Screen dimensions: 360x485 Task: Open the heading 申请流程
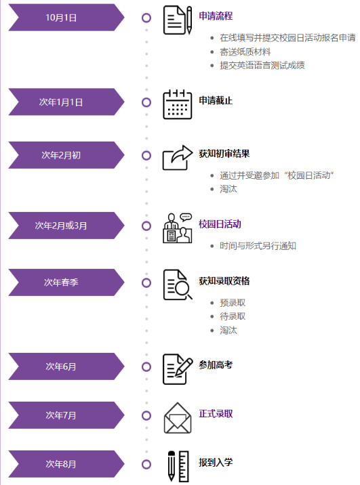click(x=216, y=16)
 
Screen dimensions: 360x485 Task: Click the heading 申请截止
click(x=216, y=100)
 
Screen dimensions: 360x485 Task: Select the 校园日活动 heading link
click(x=220, y=224)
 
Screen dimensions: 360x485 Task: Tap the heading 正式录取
click(x=216, y=414)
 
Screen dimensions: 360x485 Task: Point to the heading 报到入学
click(x=216, y=463)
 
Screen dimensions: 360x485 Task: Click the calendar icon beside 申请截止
click(x=178, y=104)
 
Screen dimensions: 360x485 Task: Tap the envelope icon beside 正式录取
click(x=178, y=418)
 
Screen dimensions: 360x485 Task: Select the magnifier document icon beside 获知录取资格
click(x=178, y=285)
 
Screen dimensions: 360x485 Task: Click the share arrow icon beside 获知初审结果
click(x=178, y=157)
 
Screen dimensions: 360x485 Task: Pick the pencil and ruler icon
click(x=178, y=467)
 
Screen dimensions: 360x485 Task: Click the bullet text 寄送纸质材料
click(x=245, y=51)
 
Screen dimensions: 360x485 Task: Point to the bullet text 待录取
click(x=233, y=316)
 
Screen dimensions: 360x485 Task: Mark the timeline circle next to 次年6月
click(x=146, y=367)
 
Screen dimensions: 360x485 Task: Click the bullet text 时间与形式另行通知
click(x=258, y=246)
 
